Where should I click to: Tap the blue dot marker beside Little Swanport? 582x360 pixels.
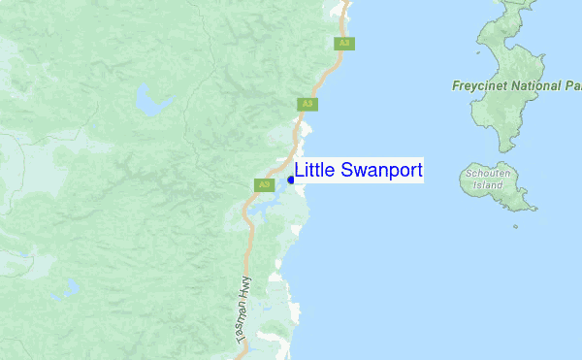pos(291,179)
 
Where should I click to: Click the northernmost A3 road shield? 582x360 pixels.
pos(343,43)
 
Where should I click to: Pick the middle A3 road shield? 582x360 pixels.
pos(307,104)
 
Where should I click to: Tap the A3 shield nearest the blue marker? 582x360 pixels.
pos(263,184)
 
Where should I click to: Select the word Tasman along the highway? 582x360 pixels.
pos(240,312)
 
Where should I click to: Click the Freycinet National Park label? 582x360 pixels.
pos(516,85)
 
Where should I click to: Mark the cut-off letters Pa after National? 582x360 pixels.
pos(573,85)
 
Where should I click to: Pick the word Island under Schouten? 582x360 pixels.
pos(495,184)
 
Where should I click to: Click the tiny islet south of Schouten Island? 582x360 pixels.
pos(517,228)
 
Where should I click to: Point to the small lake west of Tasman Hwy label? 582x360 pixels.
pos(70,287)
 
